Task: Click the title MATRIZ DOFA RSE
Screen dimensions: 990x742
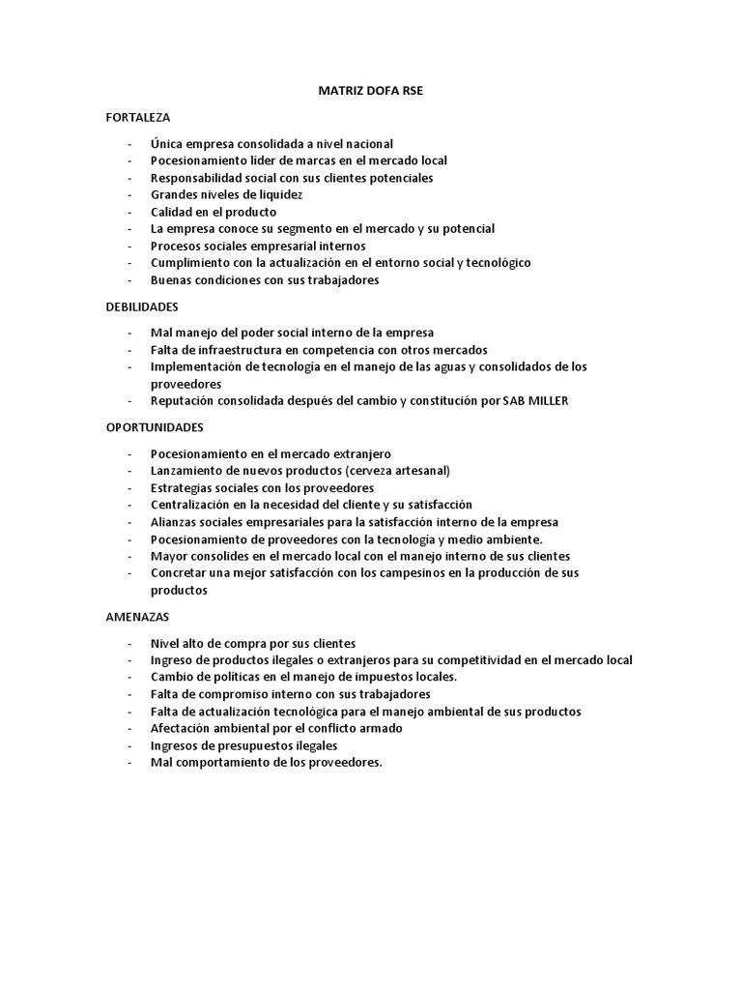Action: coord(370,91)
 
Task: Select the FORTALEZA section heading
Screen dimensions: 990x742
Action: coord(137,117)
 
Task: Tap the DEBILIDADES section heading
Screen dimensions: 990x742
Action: coord(142,306)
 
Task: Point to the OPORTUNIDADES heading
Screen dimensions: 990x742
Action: coord(155,426)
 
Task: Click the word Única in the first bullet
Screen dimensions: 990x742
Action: coord(167,143)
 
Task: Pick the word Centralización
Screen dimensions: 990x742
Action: coord(193,505)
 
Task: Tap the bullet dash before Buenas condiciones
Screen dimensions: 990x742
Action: coord(129,280)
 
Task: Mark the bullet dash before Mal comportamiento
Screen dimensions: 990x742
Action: coord(129,763)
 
